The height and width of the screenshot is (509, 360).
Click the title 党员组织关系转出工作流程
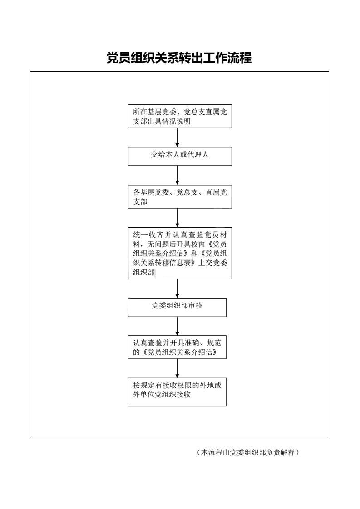179,58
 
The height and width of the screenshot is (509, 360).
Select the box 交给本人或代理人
180,157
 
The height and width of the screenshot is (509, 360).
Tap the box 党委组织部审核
177,308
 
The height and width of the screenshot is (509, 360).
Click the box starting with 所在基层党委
180,117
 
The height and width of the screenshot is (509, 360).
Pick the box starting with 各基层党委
180,197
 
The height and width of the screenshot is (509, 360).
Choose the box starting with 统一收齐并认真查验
180,253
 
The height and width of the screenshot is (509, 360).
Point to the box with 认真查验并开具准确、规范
177,347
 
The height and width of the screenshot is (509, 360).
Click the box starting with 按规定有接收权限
177,392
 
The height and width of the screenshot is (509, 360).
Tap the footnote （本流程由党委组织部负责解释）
247,452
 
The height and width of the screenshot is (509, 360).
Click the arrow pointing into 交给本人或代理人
177,137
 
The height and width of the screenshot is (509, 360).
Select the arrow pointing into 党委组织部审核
177,289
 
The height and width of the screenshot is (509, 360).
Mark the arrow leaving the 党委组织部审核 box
177,326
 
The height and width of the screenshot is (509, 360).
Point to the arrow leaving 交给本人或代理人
177,175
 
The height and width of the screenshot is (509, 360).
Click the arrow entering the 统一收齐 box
177,218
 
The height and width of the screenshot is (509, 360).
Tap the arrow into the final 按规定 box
177,368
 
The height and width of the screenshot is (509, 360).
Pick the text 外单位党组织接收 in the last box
162,395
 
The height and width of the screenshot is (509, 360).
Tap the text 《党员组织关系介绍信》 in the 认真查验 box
179,352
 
